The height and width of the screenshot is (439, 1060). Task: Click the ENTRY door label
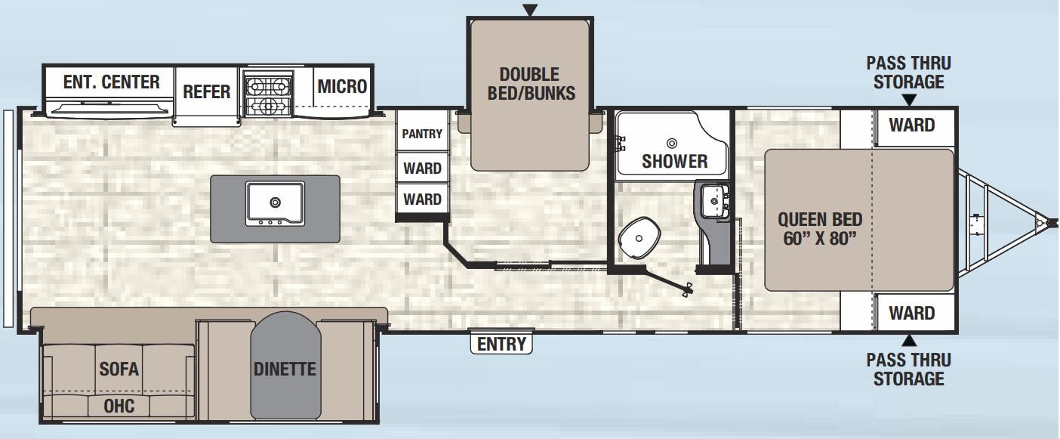pos(501,344)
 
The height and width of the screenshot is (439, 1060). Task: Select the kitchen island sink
pos(275,202)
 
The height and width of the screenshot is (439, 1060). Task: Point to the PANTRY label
pos(422,134)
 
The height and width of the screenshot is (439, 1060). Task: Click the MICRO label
pos(342,86)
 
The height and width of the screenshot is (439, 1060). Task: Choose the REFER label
pos(206,92)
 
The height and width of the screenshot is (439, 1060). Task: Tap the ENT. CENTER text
pos(111,82)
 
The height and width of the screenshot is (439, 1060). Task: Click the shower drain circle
pos(671,142)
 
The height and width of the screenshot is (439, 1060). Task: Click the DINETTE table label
pos(285,369)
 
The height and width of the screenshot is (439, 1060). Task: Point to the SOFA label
pos(119,369)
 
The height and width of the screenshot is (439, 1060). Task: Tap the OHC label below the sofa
pos(119,407)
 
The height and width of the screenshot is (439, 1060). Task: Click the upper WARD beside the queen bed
pos(911,125)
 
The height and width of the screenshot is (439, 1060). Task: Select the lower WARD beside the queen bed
pos(911,313)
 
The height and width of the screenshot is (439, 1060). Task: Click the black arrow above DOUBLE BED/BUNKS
pos(530,10)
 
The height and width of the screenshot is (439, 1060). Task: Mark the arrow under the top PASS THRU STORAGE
pos(909,100)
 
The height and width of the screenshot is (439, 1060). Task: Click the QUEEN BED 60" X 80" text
pos(820,230)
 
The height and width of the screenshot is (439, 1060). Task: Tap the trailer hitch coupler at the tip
pos(1042,223)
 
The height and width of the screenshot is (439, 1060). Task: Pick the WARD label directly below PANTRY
pos(422,168)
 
